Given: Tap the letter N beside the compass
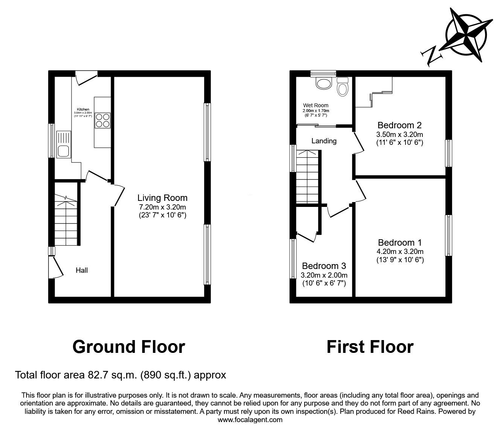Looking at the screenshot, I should [x=431, y=56].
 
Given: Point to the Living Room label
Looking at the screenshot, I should [x=162, y=198].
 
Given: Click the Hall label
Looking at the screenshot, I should [x=82, y=270].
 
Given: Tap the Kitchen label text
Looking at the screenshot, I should [x=83, y=109].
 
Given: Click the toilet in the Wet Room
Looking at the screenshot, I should [x=343, y=88].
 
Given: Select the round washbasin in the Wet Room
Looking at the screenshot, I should [x=323, y=84].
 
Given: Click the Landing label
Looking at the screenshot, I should [x=324, y=141].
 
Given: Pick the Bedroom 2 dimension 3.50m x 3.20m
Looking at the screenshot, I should [x=399, y=134].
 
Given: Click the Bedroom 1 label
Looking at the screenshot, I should [x=400, y=243].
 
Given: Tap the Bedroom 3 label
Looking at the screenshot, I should [x=324, y=266].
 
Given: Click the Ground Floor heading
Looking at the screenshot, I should [x=129, y=346].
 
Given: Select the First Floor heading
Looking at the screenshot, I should [x=370, y=346].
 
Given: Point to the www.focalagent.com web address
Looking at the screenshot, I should [x=250, y=420].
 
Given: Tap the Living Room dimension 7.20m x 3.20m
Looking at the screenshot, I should [x=162, y=207].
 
